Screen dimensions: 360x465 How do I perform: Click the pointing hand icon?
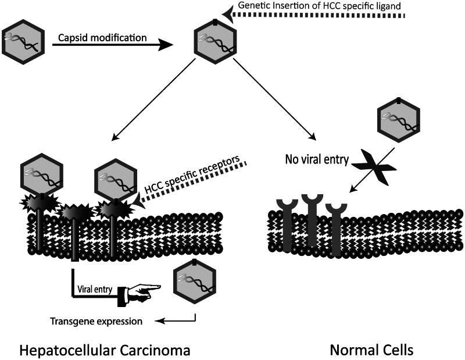coord(138,291)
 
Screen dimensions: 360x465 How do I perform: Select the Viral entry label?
coord(94,288)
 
